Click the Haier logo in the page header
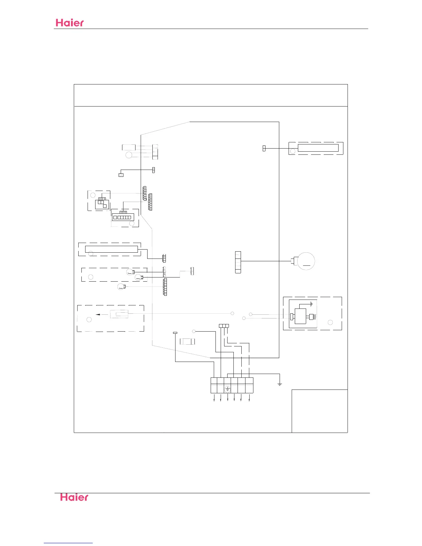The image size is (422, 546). click(70, 23)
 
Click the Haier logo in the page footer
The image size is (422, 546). click(74, 497)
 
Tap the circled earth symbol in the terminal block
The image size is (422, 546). click(227, 389)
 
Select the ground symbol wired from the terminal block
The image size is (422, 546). click(280, 383)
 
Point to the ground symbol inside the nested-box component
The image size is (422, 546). click(311, 304)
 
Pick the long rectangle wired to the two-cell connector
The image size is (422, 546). click(318, 148)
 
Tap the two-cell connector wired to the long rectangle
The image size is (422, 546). click(264, 148)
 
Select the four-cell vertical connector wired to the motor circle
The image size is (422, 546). click(238, 262)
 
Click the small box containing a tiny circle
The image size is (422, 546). click(121, 175)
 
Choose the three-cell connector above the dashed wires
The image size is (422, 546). click(224, 326)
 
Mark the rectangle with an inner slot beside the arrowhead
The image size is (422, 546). click(119, 314)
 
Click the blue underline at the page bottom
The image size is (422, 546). click(68, 543)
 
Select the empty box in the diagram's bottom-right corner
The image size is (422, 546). click(320, 411)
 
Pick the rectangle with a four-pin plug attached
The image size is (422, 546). click(301, 316)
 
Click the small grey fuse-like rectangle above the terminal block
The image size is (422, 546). click(187, 341)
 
